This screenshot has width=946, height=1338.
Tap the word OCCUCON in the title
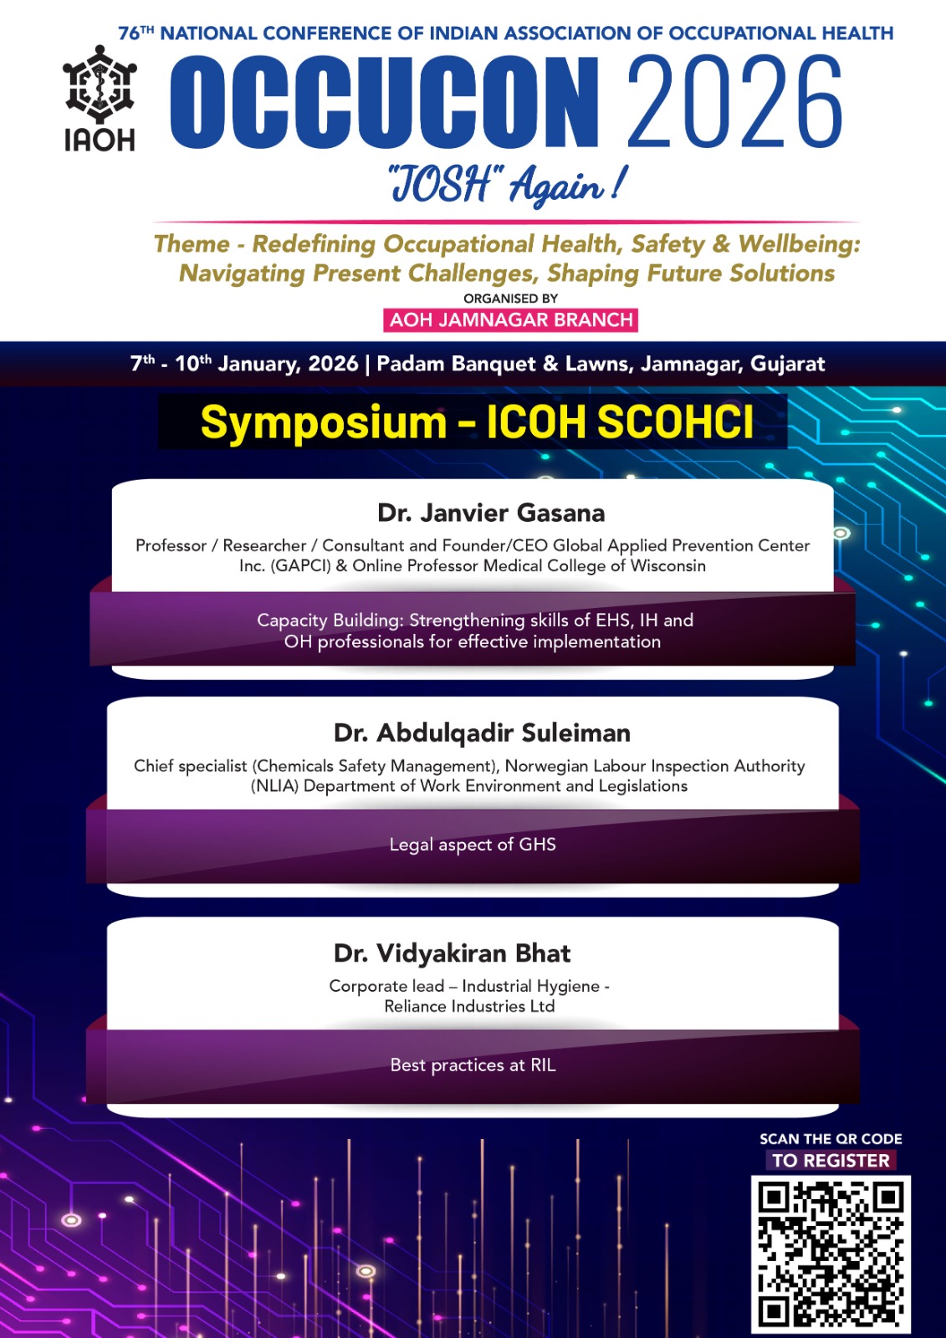click(384, 103)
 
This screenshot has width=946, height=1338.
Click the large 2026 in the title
click(734, 103)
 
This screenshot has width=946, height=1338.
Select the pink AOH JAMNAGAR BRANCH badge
click(511, 320)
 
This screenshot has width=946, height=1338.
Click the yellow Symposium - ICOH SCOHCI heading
click(477, 422)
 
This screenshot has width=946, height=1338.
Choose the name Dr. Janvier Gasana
click(491, 513)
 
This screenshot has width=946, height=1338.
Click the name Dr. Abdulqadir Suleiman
click(483, 733)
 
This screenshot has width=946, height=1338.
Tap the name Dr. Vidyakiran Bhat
click(453, 953)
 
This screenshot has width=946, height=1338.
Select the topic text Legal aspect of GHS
click(473, 845)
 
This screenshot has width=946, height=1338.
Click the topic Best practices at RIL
click(473, 1065)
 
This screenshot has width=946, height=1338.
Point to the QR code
click(831, 1254)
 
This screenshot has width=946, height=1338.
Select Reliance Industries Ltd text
click(470, 1007)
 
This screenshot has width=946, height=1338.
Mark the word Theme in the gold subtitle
click(192, 243)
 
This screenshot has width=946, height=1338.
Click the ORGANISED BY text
click(511, 298)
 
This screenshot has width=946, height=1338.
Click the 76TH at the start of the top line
click(136, 33)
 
